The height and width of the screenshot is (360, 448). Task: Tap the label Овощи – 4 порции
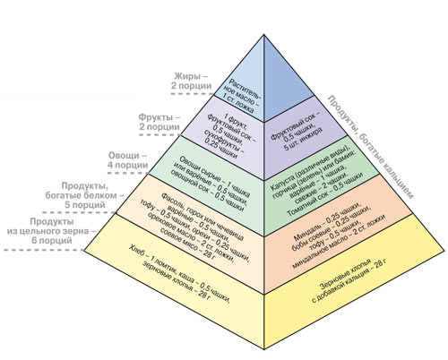(132, 160)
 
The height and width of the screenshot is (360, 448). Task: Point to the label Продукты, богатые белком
(85, 193)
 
